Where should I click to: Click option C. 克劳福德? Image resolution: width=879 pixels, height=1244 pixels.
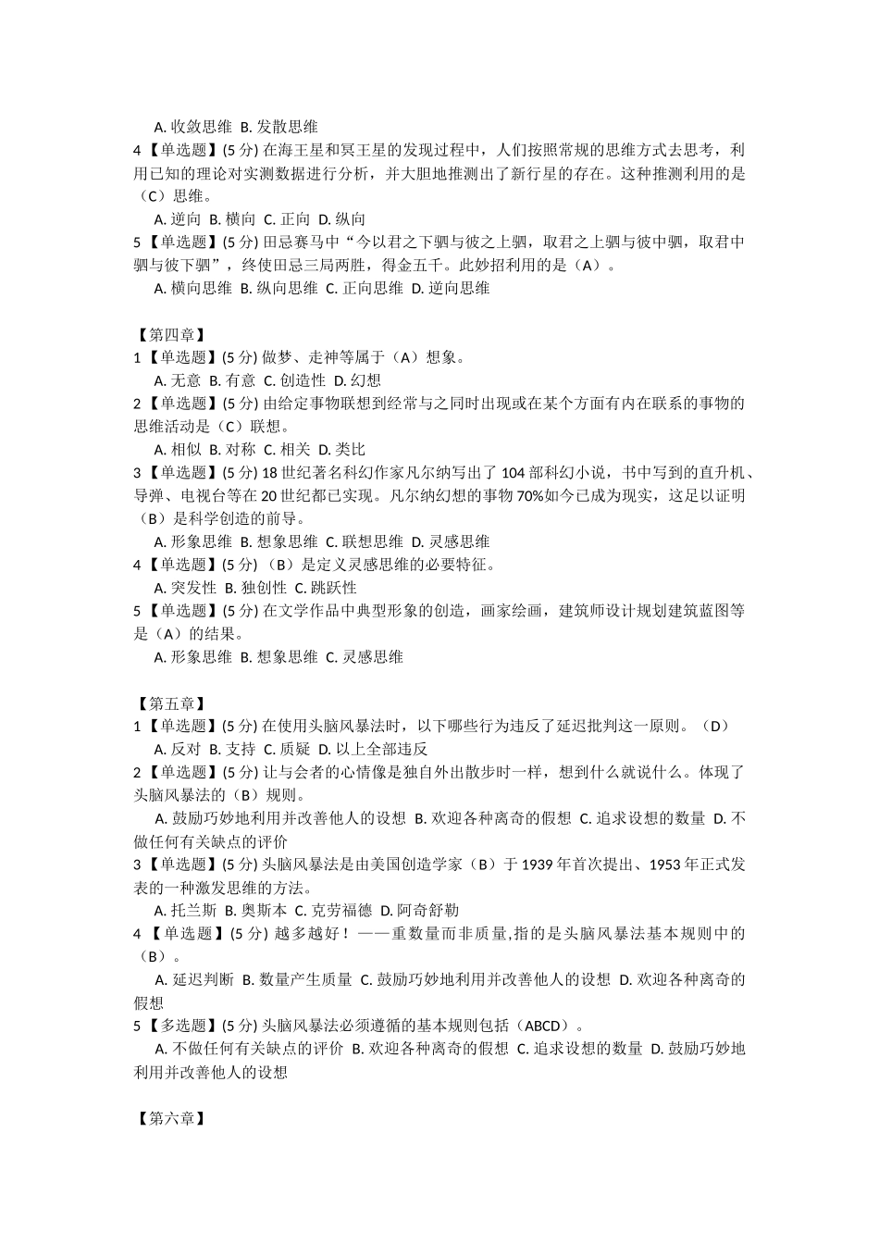point(333,911)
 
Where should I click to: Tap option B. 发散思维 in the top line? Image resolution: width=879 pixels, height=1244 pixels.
point(279,127)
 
